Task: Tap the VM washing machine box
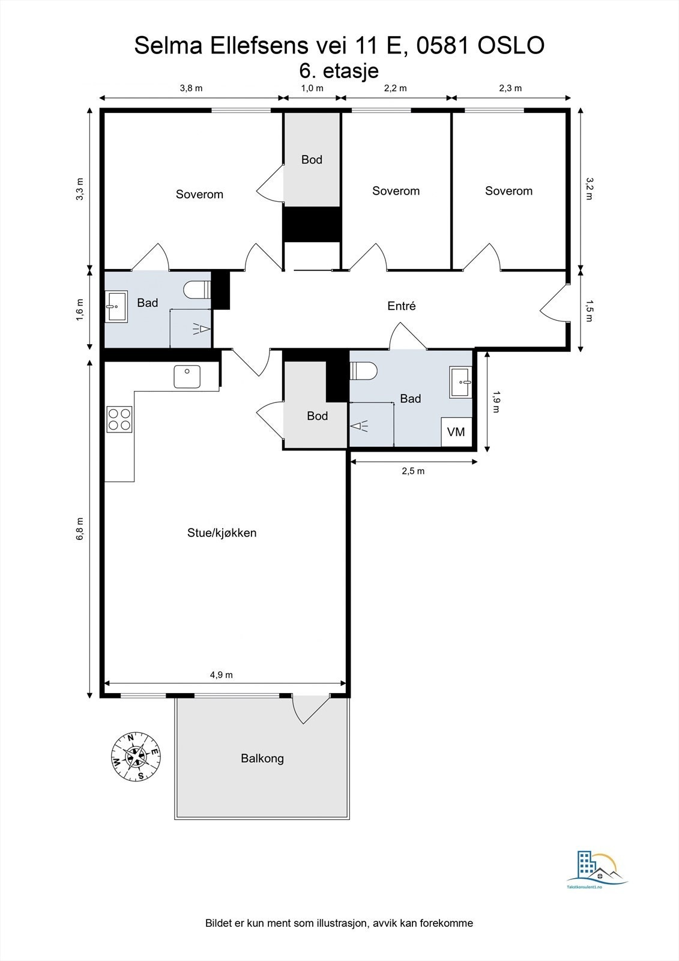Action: pyautogui.click(x=456, y=432)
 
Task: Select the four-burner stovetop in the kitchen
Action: pyautogui.click(x=119, y=419)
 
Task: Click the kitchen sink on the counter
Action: pyautogui.click(x=187, y=377)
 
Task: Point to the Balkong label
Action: pyautogui.click(x=262, y=759)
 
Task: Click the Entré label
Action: pyautogui.click(x=402, y=306)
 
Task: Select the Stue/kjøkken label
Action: pyautogui.click(x=222, y=533)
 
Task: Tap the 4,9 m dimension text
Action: pyautogui.click(x=222, y=675)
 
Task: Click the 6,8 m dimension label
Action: pyautogui.click(x=80, y=529)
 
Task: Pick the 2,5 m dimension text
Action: pyautogui.click(x=413, y=471)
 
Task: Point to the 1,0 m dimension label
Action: pyautogui.click(x=312, y=88)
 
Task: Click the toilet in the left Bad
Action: pyautogui.click(x=197, y=290)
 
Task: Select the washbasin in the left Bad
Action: pyautogui.click(x=116, y=306)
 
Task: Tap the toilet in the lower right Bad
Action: pyautogui.click(x=363, y=371)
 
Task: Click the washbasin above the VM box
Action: pyautogui.click(x=460, y=382)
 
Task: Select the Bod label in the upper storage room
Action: pyautogui.click(x=312, y=160)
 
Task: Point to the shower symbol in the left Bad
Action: pyautogui.click(x=201, y=329)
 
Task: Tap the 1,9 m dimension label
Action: pyautogui.click(x=496, y=401)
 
